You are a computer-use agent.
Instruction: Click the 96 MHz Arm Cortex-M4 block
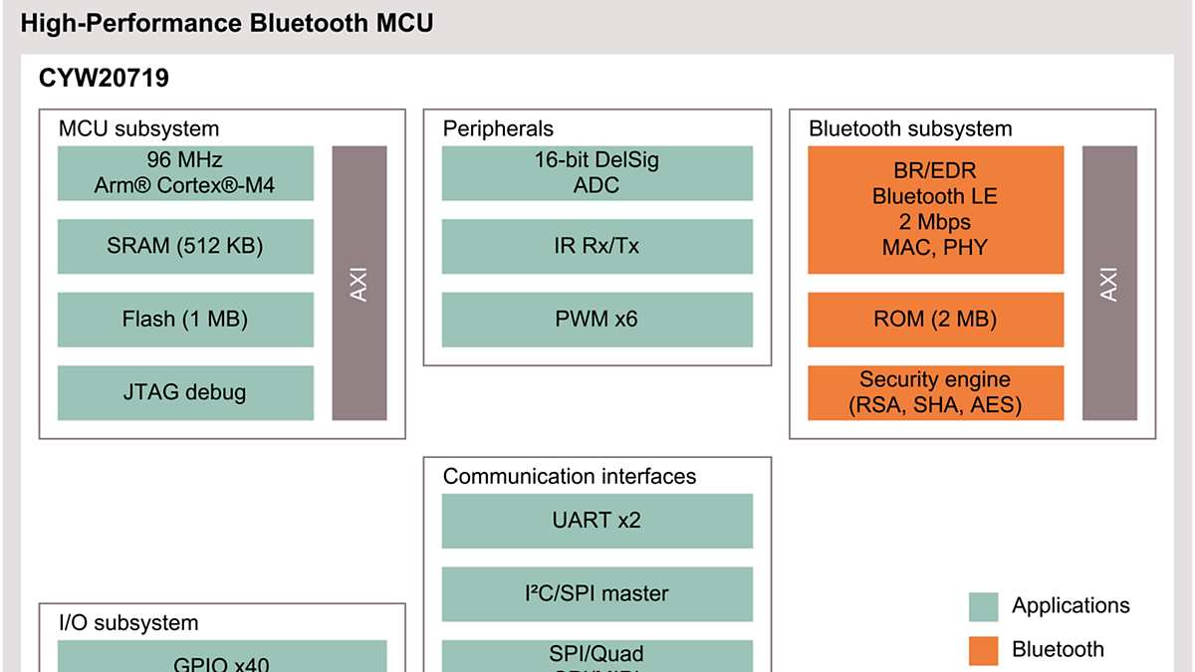tap(185, 173)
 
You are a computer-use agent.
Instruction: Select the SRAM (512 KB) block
tap(185, 246)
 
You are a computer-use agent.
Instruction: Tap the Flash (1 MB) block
tap(185, 320)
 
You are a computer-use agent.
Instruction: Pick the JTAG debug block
tap(185, 392)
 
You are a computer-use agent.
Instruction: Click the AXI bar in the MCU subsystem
tap(358, 283)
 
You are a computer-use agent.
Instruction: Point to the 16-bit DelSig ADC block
tap(597, 173)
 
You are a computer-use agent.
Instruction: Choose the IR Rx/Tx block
tap(597, 246)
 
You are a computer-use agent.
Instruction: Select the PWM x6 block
tap(597, 320)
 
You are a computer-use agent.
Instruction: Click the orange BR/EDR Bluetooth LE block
tap(935, 210)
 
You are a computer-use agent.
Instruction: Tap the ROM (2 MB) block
tap(935, 320)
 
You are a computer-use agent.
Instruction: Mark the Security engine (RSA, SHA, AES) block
tap(935, 392)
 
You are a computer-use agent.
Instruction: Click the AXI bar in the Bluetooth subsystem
tap(1109, 283)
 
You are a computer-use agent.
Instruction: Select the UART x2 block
tap(597, 520)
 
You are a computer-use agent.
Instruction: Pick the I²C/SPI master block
tap(597, 593)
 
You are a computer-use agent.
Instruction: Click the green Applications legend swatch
tap(983, 606)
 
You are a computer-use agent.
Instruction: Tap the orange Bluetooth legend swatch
tap(983, 650)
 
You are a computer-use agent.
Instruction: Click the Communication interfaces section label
tap(569, 476)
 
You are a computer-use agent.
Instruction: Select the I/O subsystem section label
tap(128, 623)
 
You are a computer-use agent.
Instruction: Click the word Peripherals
tap(498, 128)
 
